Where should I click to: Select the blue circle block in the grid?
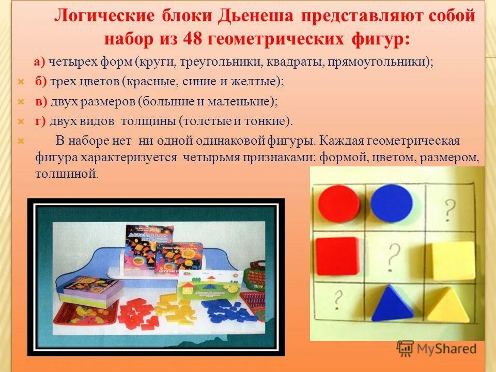coord(391,204)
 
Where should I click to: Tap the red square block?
coord(337,256)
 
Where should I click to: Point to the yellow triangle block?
coord(449,306)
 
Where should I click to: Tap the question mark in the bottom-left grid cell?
coord(339,298)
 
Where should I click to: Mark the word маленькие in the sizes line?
coord(246,101)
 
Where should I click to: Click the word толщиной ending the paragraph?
coord(67,174)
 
